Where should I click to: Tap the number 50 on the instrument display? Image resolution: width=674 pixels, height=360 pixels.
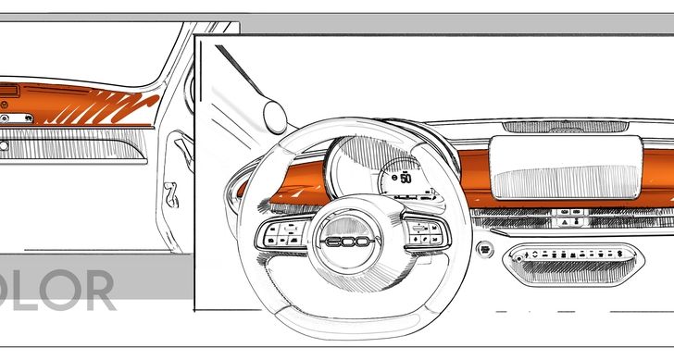pyautogui.click(x=406, y=178)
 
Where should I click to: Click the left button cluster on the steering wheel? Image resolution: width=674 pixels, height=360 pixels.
pyautogui.click(x=278, y=232)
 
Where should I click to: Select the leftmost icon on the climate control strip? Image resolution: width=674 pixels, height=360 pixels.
pyautogui.click(x=524, y=253)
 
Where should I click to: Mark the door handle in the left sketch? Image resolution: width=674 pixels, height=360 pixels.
pyautogui.click(x=171, y=197)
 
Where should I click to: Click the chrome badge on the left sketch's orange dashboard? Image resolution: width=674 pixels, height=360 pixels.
pyautogui.click(x=28, y=118)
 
